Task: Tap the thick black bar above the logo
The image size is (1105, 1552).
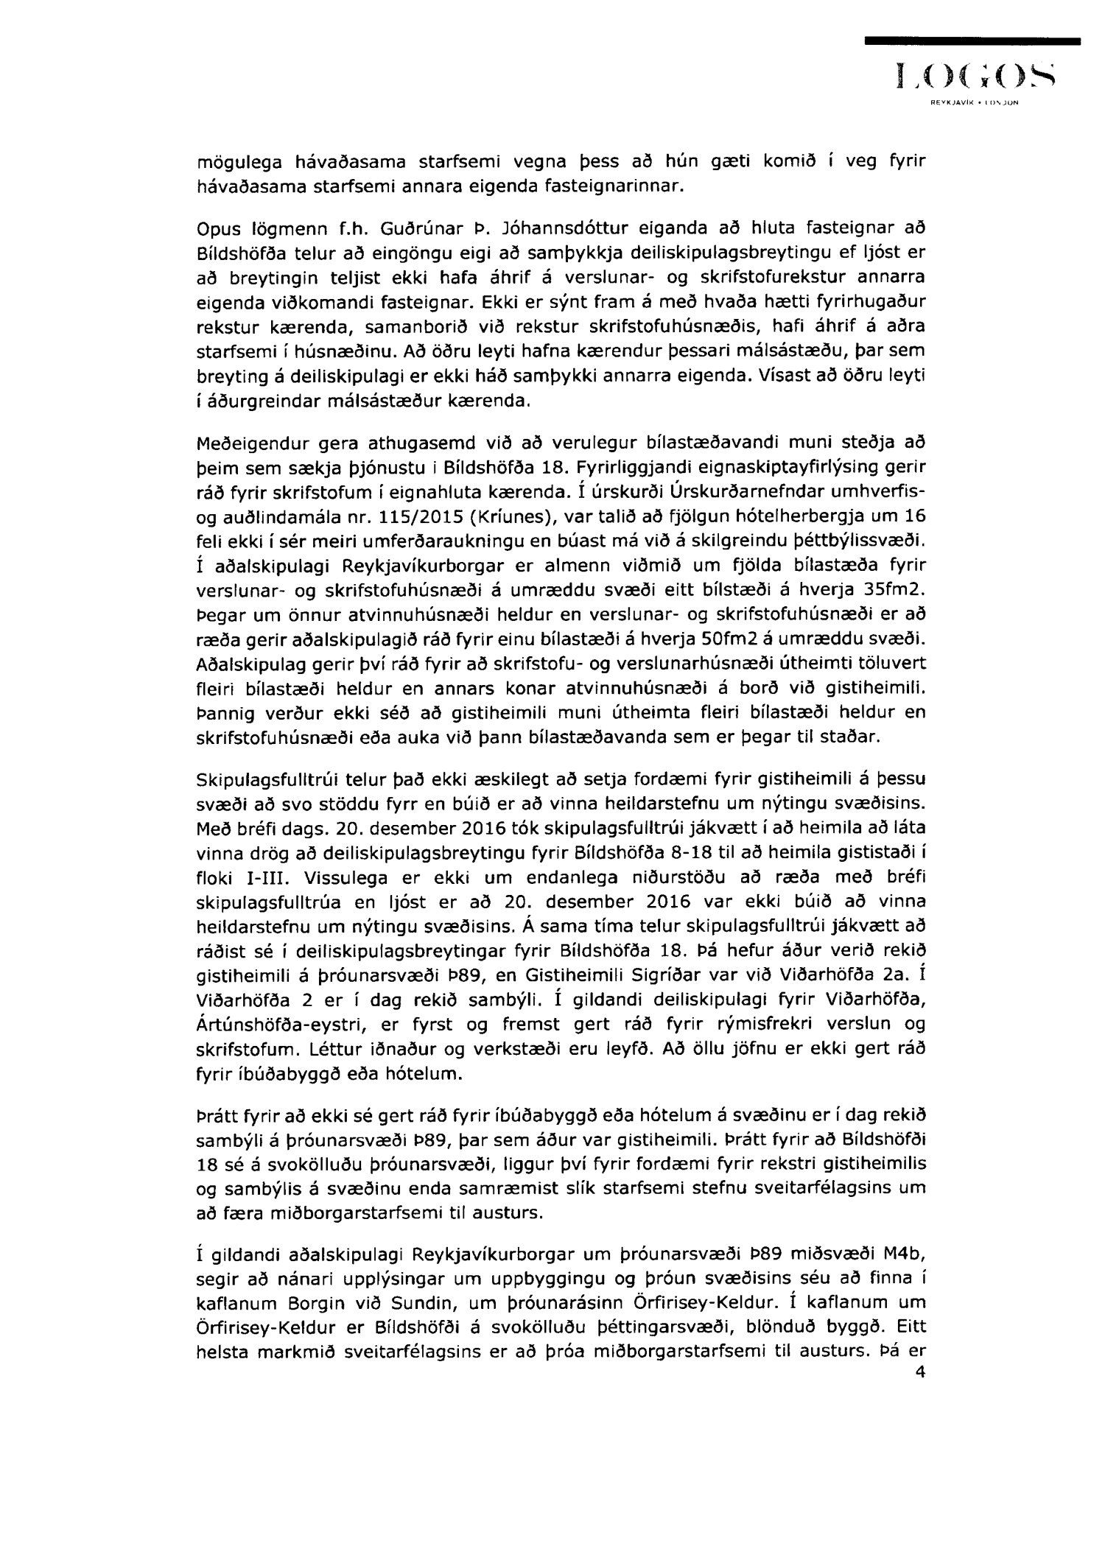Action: pos(972,42)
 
